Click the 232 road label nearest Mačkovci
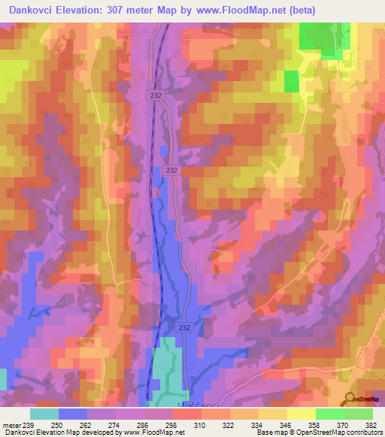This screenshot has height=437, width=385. pos(185,328)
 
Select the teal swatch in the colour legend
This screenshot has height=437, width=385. pos(44,414)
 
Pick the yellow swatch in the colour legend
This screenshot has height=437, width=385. pos(302,414)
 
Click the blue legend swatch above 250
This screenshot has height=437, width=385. pos(73,414)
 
